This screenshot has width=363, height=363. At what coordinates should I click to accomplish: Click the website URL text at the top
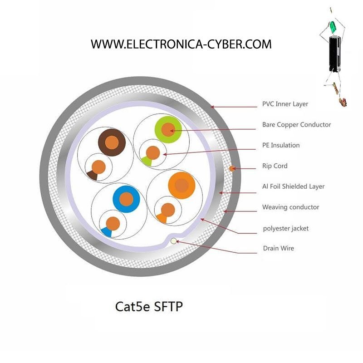181,44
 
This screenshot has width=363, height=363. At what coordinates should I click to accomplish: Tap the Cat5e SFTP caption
149,307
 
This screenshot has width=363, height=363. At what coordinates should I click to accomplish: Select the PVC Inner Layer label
285,104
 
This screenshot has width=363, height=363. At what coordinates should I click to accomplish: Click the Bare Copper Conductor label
297,124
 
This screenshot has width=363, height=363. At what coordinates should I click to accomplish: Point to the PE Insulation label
281,145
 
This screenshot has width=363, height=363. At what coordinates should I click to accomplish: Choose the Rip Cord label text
275,166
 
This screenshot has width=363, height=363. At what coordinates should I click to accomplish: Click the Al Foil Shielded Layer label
293,186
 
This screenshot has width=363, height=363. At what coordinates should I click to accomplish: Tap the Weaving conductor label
290,207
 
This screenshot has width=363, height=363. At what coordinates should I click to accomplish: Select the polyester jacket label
286,229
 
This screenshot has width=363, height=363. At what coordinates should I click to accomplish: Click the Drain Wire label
279,248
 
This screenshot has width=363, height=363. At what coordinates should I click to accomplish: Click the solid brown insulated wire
112,142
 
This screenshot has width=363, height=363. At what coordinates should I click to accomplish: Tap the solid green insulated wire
168,129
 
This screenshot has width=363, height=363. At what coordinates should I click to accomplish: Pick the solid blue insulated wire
126,199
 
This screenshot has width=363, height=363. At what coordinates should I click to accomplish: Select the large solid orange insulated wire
182,186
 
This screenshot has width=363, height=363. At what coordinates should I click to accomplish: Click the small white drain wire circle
173,241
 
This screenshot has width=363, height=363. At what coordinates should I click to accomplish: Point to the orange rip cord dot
232,168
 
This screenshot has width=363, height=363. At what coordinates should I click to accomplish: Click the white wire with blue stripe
113,224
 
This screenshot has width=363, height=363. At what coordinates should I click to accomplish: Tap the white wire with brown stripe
98,167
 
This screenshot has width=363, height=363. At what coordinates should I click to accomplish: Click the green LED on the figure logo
333,26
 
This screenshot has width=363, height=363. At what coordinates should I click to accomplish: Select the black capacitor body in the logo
335,53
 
